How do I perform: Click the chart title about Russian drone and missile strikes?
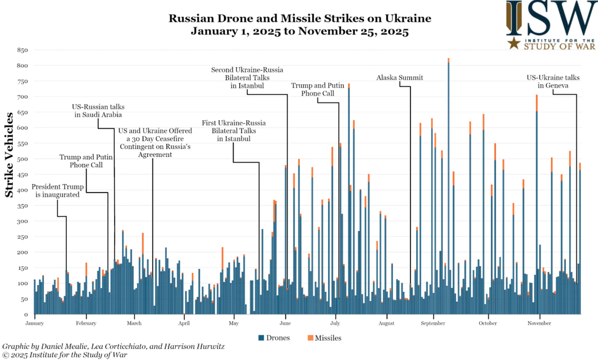click(299, 25)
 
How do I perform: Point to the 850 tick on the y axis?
click(22, 50)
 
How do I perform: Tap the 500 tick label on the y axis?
click(22, 159)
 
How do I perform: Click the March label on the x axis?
click(134, 323)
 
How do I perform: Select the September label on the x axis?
click(433, 323)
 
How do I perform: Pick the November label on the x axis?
click(540, 323)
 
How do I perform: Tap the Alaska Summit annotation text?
click(400, 78)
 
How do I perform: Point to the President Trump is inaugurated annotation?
click(58, 191)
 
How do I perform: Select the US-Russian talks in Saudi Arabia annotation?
click(98, 111)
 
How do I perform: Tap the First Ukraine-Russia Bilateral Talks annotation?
click(233, 130)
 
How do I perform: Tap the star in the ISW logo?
click(514, 44)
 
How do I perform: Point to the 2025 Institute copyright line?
click(65, 355)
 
